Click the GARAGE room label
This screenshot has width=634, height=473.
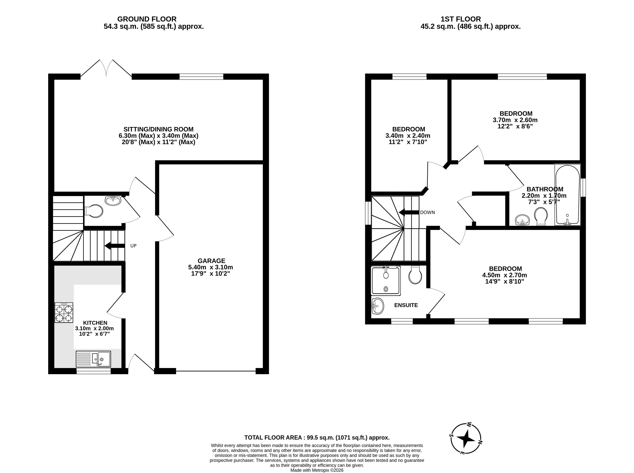211,261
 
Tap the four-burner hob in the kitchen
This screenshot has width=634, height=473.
64,313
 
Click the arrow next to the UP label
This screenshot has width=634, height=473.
114,246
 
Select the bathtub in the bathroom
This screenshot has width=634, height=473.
567,195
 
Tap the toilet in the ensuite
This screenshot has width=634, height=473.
415,275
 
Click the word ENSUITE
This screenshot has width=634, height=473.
406,305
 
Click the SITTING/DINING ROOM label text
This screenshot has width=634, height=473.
158,129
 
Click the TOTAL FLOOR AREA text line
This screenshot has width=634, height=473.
317,438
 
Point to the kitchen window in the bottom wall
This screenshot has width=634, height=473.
93,371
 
